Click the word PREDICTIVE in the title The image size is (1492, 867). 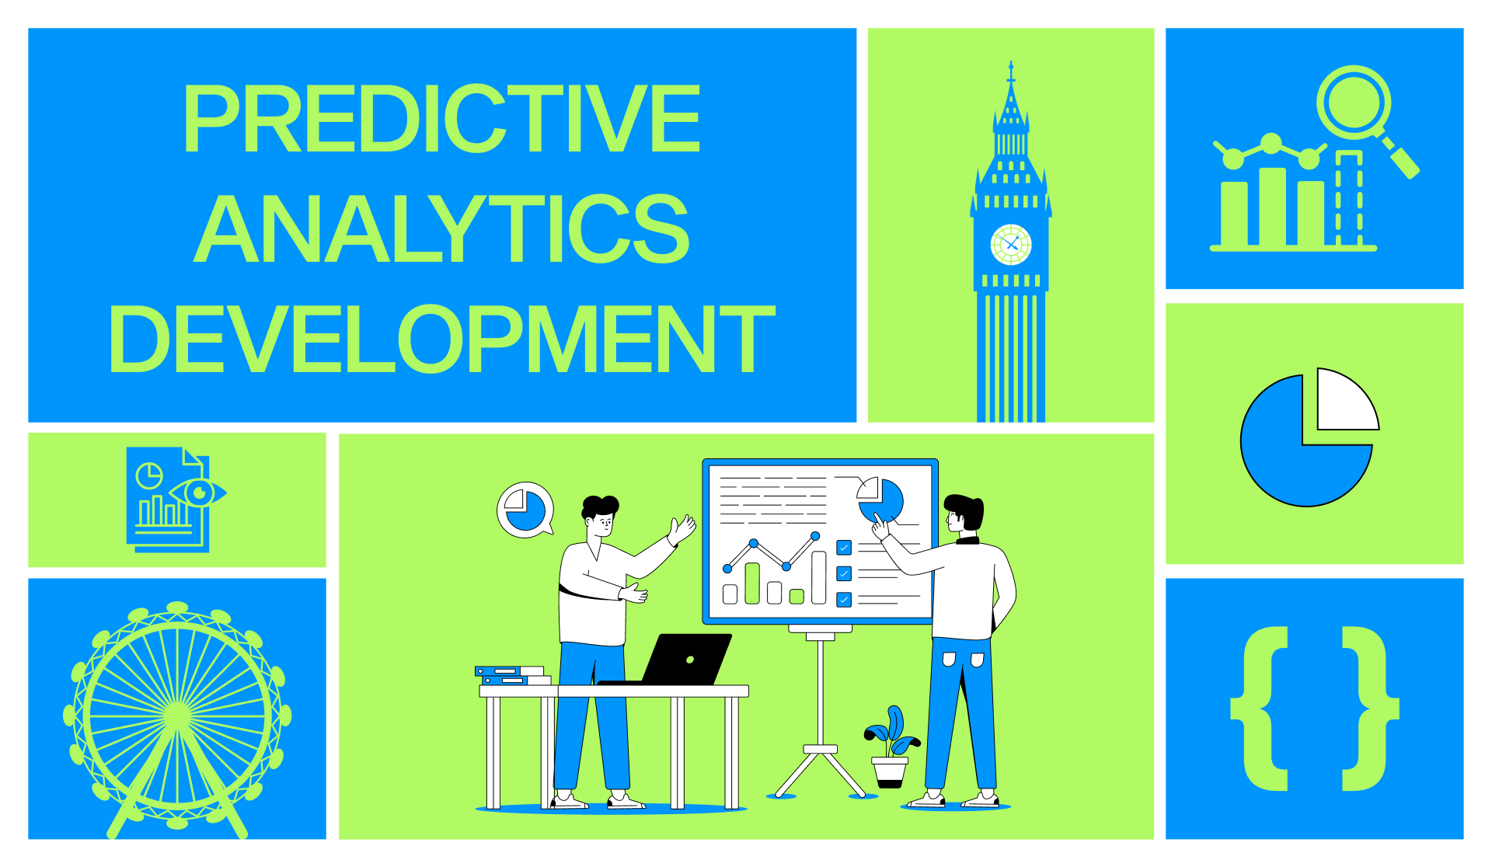click(441, 119)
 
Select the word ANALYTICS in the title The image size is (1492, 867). click(441, 229)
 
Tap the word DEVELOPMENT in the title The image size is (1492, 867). click(441, 339)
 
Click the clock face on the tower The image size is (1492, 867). click(1011, 245)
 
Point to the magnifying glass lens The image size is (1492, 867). click(1353, 102)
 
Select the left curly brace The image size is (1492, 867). click(1260, 709)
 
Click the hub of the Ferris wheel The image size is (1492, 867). click(177, 716)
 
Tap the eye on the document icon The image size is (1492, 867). click(199, 493)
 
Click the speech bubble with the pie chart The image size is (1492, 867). click(525, 510)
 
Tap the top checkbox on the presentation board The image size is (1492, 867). click(844, 548)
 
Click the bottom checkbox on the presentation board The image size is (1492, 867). click(844, 600)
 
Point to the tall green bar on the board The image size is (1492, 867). click(752, 583)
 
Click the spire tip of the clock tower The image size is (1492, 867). click(1011, 67)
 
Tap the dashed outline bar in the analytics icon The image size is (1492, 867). click(1349, 199)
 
